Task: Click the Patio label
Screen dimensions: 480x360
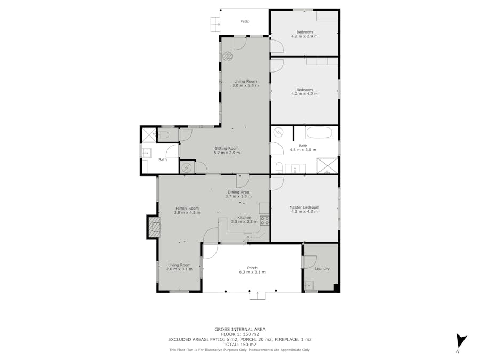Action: pyautogui.click(x=245, y=21)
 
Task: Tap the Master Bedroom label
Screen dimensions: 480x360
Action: pyautogui.click(x=305, y=207)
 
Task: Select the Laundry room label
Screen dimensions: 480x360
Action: pyautogui.click(x=322, y=268)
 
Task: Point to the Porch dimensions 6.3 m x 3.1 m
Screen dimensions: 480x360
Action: pyautogui.click(x=252, y=272)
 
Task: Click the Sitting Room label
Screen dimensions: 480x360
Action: pyautogui.click(x=227, y=148)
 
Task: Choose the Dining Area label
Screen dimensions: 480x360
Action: pyautogui.click(x=238, y=192)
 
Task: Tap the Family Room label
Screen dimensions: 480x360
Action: pyautogui.click(x=187, y=208)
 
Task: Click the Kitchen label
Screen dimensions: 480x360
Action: pyautogui.click(x=244, y=218)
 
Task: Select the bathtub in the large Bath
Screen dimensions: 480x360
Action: pyautogui.click(x=319, y=133)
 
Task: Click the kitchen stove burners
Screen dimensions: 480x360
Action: pyautogui.click(x=265, y=221)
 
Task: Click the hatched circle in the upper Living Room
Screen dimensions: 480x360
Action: pyautogui.click(x=227, y=56)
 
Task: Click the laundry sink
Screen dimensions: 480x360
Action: pyautogui.click(x=309, y=285)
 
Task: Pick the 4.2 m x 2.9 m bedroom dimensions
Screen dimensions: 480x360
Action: pyautogui.click(x=305, y=36)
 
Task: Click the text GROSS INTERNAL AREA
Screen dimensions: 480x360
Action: pyautogui.click(x=240, y=330)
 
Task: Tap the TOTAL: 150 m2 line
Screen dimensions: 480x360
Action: pyautogui.click(x=240, y=345)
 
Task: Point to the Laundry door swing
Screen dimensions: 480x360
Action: pyautogui.click(x=310, y=262)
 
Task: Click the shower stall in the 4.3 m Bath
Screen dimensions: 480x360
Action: pyautogui.click(x=327, y=166)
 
